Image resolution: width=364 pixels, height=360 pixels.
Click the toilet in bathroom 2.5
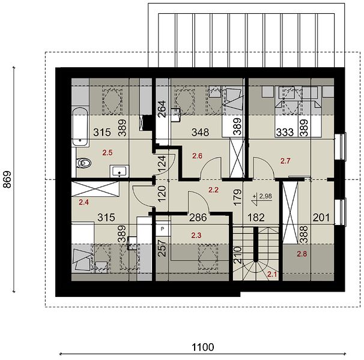point(83,163)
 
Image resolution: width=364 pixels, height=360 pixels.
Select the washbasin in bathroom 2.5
point(120,171)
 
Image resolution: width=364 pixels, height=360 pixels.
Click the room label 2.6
point(197,156)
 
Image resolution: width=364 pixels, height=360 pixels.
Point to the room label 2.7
point(285,161)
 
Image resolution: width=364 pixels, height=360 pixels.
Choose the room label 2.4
point(84,202)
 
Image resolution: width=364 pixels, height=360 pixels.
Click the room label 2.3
point(196,235)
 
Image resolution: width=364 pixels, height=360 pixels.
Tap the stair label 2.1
point(272,274)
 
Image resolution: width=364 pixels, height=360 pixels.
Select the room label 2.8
point(302,254)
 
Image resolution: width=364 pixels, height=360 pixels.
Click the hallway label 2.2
point(213,190)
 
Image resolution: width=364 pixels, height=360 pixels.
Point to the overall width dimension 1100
point(202,347)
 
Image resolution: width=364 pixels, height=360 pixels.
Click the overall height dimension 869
point(7,179)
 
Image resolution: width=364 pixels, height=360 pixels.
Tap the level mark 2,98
point(265,196)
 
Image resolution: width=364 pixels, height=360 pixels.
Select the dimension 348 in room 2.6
point(201,132)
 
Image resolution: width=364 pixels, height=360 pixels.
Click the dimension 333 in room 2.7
point(285,132)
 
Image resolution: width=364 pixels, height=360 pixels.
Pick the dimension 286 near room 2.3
point(198,218)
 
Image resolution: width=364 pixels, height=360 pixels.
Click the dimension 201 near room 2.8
point(321,218)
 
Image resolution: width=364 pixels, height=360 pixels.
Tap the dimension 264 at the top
point(162,109)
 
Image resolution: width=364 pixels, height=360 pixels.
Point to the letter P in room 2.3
point(163,229)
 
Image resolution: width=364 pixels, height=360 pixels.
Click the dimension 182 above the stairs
point(256,218)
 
